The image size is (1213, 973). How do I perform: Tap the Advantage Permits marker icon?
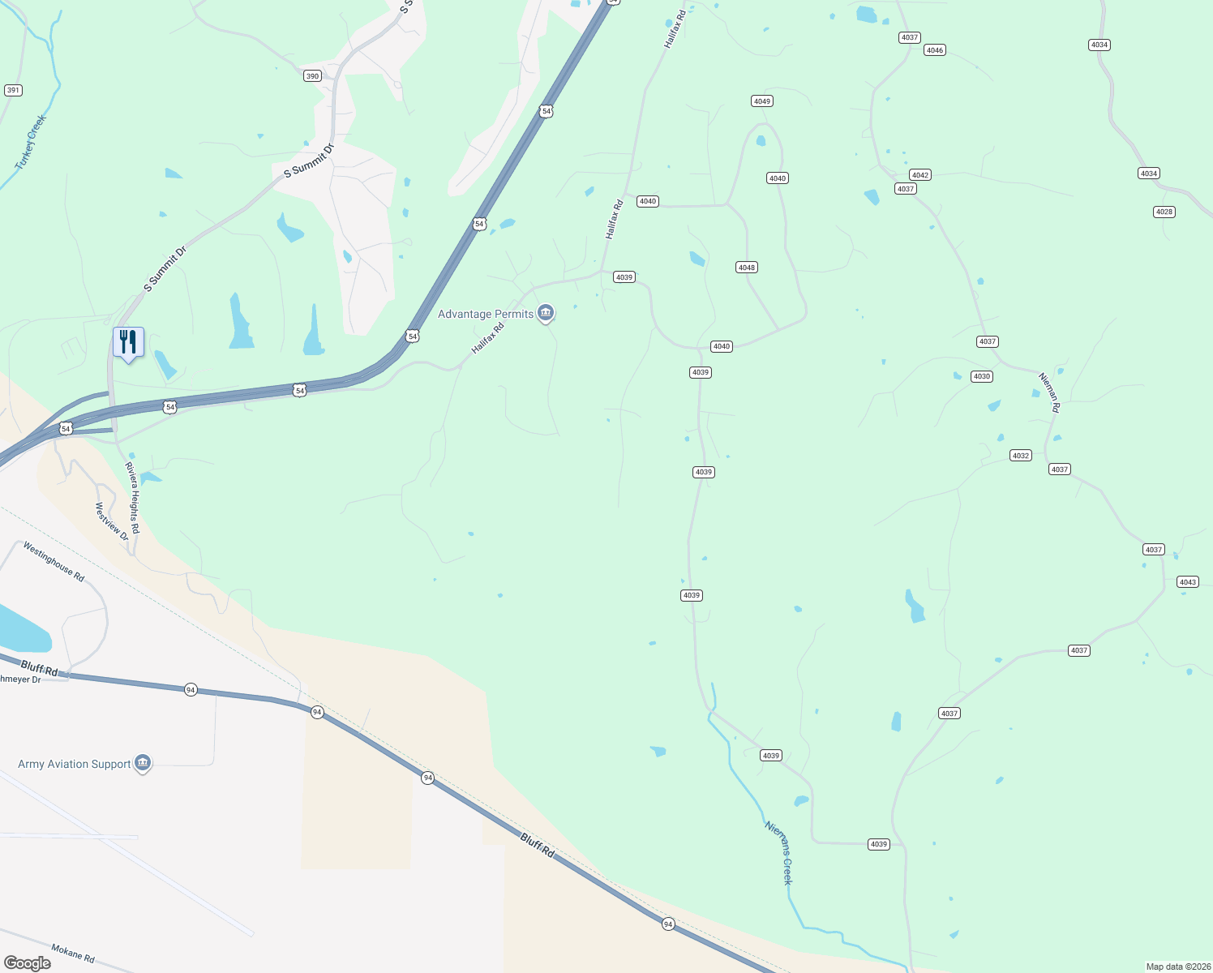pyautogui.click(x=546, y=313)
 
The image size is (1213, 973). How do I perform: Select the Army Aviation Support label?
pyautogui.click(x=75, y=764)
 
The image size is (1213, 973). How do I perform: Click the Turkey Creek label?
pyautogui.click(x=31, y=142)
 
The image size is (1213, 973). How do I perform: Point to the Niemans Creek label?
pyautogui.click(x=778, y=852)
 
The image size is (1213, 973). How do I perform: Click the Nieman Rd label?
pyautogui.click(x=1049, y=392)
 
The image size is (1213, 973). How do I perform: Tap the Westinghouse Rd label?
pyautogui.click(x=54, y=562)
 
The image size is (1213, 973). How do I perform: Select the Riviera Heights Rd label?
pyautogui.click(x=133, y=498)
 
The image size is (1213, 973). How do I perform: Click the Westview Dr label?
pyautogui.click(x=112, y=521)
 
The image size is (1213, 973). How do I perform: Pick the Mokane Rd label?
pyautogui.click(x=73, y=954)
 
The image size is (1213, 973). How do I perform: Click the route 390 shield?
pyautogui.click(x=312, y=76)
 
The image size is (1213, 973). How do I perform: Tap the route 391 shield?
pyautogui.click(x=13, y=90)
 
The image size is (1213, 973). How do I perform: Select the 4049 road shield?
pyautogui.click(x=761, y=101)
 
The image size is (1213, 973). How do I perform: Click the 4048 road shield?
pyautogui.click(x=746, y=268)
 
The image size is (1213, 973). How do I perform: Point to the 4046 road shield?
pyautogui.click(x=934, y=50)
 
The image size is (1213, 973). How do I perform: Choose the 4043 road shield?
pyautogui.click(x=1187, y=582)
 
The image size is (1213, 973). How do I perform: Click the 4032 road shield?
pyautogui.click(x=1020, y=456)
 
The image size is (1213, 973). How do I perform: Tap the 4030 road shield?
pyautogui.click(x=981, y=376)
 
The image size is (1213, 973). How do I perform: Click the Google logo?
pyautogui.click(x=27, y=963)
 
